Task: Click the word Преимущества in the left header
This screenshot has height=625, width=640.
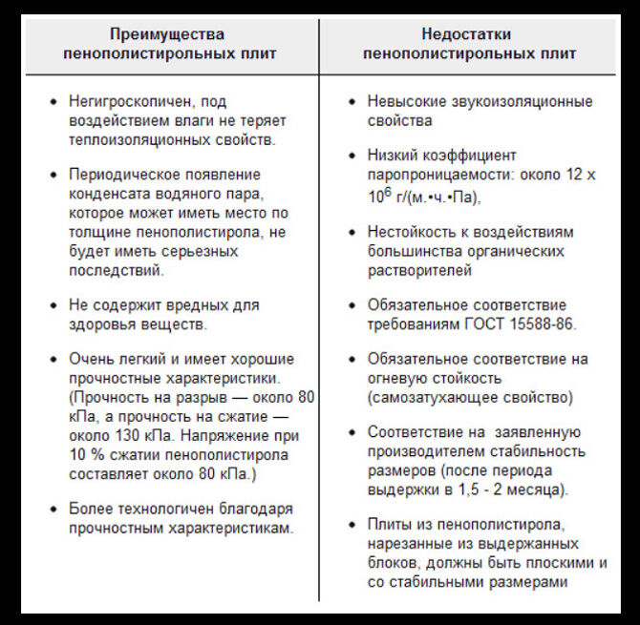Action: [169, 34]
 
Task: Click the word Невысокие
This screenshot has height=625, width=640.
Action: [404, 101]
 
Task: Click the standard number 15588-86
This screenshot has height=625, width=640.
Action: [543, 324]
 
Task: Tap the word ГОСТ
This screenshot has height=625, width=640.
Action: [486, 324]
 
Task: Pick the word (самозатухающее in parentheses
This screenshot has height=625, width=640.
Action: [427, 397]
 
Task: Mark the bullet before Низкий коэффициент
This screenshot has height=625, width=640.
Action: [352, 156]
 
